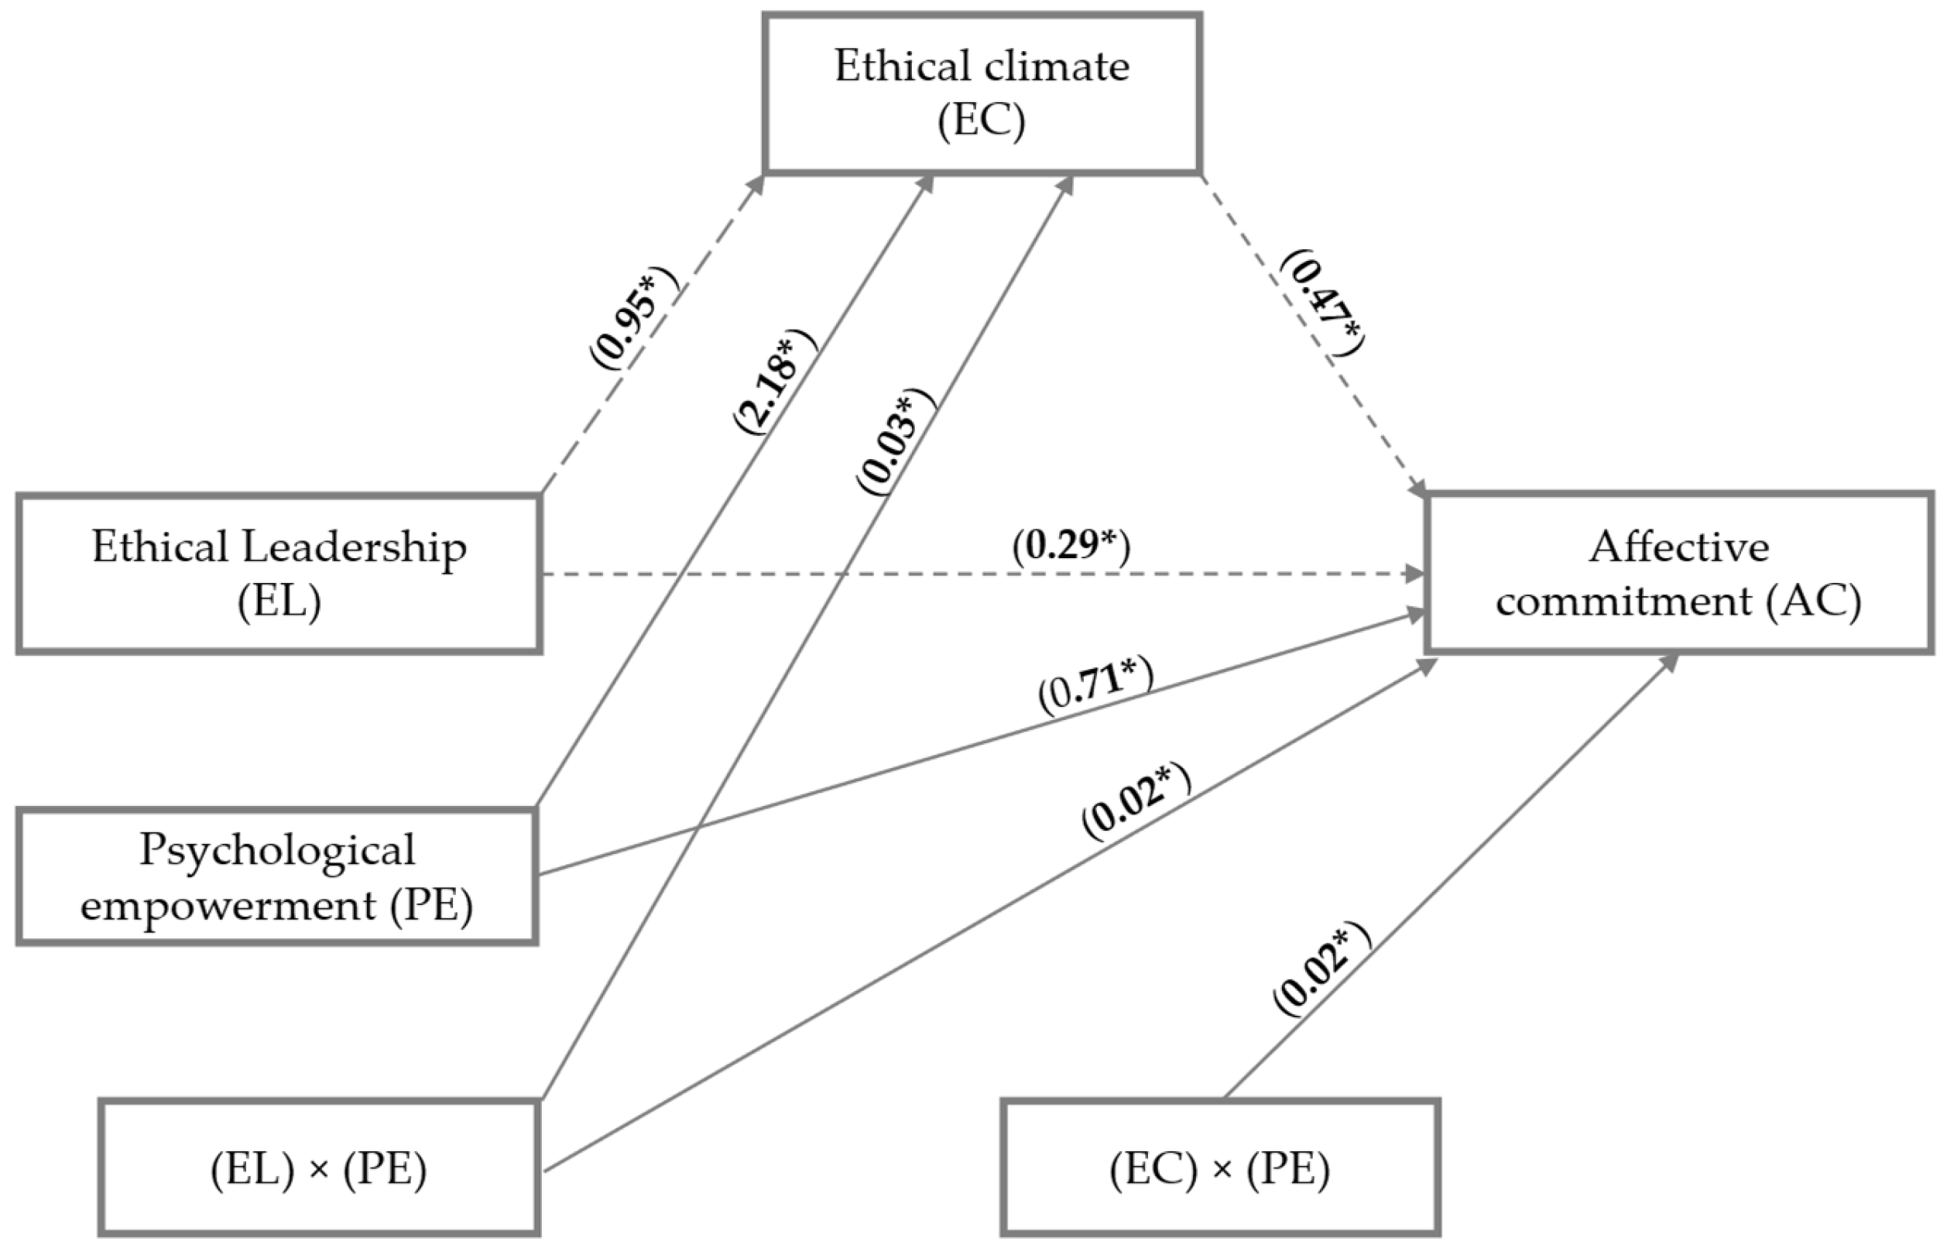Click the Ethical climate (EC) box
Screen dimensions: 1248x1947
pyautogui.click(x=981, y=92)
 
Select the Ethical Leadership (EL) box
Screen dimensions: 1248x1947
pyautogui.click(x=279, y=574)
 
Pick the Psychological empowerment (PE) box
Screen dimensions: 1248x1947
pyautogui.click(x=276, y=877)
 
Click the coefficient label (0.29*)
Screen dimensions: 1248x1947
pyautogui.click(x=1071, y=545)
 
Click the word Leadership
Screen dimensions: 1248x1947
pyautogui.click(x=355, y=548)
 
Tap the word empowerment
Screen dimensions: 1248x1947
pyautogui.click(x=228, y=904)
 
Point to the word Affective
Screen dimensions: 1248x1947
pyautogui.click(x=1679, y=547)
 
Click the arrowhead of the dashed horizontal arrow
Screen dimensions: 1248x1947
pyautogui.click(x=1415, y=574)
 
